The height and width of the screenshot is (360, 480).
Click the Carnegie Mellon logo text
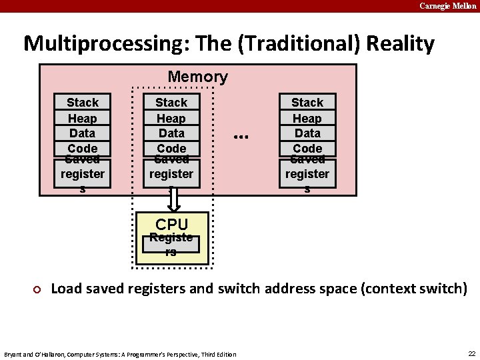[x=447, y=6]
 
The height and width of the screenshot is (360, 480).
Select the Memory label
[x=197, y=77]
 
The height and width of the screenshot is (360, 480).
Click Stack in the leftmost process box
[x=83, y=103]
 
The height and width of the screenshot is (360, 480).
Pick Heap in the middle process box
[x=171, y=118]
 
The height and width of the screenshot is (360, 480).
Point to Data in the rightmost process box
[x=307, y=133]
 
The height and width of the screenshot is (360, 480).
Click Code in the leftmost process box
[x=83, y=148]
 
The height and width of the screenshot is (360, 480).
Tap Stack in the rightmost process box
[x=307, y=103]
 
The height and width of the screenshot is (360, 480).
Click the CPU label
[x=171, y=225]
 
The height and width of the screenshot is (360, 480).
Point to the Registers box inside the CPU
[x=171, y=245]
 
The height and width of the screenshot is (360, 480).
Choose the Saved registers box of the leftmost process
[x=83, y=174]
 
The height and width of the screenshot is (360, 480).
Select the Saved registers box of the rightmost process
[x=307, y=174]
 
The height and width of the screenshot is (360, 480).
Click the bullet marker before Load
[x=38, y=289]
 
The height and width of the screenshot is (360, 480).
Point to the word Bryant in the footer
[x=13, y=354]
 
